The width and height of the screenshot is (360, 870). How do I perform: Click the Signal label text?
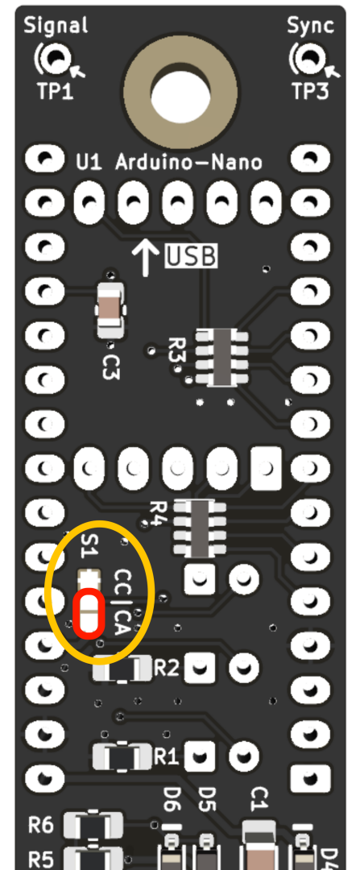[56, 26]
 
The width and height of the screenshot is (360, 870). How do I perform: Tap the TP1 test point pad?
[54, 57]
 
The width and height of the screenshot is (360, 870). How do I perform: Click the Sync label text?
[311, 26]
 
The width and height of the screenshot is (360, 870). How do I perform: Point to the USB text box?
[192, 256]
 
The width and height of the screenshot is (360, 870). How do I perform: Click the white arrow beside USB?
[145, 256]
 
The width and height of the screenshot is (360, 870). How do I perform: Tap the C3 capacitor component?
[110, 309]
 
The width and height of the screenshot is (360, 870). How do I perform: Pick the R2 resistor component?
[122, 669]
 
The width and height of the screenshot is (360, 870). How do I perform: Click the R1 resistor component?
[122, 756]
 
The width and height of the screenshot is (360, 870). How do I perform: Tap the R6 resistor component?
[93, 826]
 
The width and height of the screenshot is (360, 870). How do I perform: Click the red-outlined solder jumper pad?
[89, 614]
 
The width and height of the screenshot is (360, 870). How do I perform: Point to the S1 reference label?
[89, 546]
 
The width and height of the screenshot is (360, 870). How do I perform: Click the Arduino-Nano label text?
[189, 163]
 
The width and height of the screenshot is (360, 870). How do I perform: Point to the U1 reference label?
[89, 163]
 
